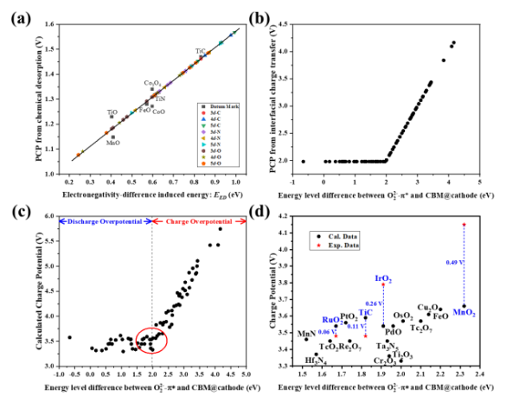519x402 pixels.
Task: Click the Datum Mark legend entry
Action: [x=217, y=106]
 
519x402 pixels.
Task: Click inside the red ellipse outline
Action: [x=151, y=341]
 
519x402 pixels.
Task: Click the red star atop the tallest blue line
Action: [x=465, y=224]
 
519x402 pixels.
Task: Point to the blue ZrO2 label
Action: [x=383, y=278]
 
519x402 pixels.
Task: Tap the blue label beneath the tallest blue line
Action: [x=465, y=313]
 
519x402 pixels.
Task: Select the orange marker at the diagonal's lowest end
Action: [x=79, y=154]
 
